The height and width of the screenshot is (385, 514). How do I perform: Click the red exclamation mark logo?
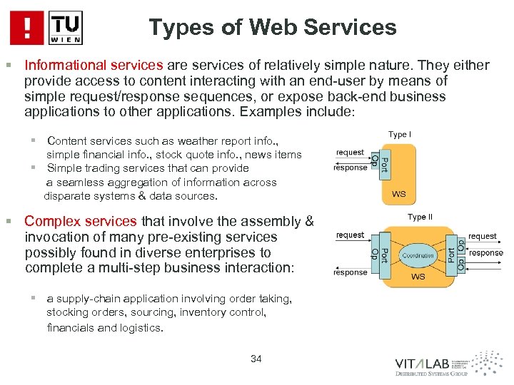point(28,28)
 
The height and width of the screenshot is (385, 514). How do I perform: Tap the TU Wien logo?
point(66,28)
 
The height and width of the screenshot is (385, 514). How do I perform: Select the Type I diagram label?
point(399,134)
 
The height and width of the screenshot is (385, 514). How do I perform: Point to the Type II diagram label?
point(420,217)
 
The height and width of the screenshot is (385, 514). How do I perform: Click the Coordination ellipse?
point(418,255)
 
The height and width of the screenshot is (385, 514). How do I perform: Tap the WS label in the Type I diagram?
point(399,193)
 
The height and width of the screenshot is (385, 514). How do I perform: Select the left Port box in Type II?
point(384,254)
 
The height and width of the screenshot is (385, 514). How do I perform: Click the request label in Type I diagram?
point(350,153)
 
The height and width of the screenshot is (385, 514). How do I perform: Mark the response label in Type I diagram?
point(350,168)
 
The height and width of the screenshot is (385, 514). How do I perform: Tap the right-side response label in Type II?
point(486,252)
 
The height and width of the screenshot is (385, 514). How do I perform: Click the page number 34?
point(256,359)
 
